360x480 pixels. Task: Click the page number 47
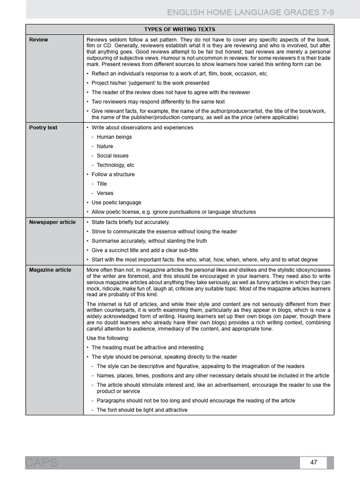[x=314, y=462]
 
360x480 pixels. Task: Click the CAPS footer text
[x=42, y=463]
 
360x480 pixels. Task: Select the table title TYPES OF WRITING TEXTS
[x=180, y=29]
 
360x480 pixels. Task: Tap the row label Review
[x=38, y=40]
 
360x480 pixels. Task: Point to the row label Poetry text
[x=43, y=127]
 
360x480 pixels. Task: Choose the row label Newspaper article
[x=52, y=222]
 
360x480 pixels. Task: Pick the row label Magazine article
[x=50, y=270]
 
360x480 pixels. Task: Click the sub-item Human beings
[x=114, y=137]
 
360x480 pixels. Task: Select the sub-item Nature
[x=105, y=146]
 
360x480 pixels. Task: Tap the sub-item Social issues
[x=112, y=156]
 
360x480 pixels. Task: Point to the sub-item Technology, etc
[x=115, y=165]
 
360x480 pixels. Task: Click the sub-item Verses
[x=105, y=193]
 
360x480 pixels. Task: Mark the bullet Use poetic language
[x=116, y=202]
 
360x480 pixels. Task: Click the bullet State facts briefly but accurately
[x=130, y=222]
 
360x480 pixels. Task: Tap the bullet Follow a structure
[x=112, y=174]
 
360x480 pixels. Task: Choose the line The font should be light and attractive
[x=142, y=410]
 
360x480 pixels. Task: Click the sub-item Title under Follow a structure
[x=102, y=184]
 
